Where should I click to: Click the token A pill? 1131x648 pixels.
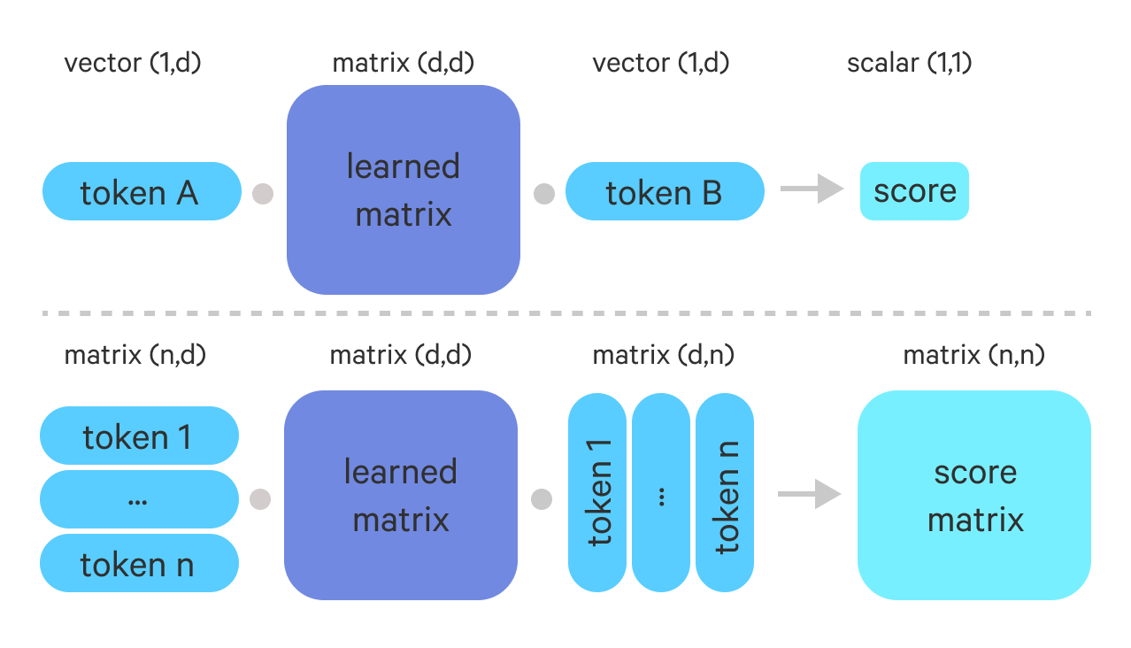click(x=142, y=191)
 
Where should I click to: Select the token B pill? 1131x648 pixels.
click(x=664, y=191)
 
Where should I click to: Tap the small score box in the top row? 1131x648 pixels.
click(x=914, y=191)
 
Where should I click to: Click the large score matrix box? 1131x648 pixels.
click(x=974, y=496)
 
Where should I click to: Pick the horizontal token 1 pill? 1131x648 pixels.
click(x=139, y=436)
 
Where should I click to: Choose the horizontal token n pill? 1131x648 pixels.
click(x=139, y=564)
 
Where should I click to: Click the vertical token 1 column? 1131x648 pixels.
click(x=597, y=492)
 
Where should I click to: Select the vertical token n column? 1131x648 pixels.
click(x=725, y=492)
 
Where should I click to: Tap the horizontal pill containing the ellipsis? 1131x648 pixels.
click(x=139, y=499)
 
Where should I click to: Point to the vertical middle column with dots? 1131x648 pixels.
click(x=661, y=492)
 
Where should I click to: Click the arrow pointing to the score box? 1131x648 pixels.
click(x=811, y=189)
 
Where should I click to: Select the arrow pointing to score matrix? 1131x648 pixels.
click(x=809, y=494)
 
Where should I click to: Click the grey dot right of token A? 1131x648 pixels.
click(x=262, y=194)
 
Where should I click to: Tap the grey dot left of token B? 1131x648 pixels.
click(x=543, y=194)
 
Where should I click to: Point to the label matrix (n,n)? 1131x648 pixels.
click(x=973, y=356)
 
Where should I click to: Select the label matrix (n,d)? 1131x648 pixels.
click(x=135, y=356)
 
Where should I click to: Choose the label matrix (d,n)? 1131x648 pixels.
click(x=663, y=356)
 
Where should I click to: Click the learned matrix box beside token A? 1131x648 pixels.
click(x=403, y=189)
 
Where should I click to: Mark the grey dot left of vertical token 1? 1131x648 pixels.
click(x=542, y=499)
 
